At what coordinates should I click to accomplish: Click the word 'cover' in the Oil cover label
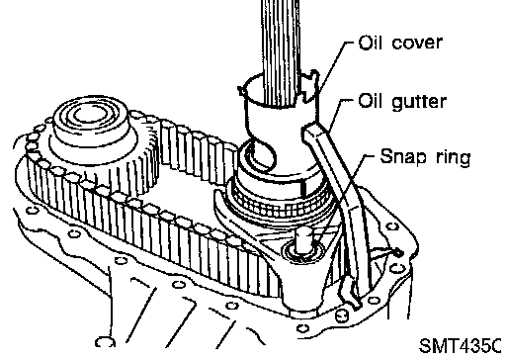[417, 44]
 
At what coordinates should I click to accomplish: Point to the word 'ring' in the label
[454, 158]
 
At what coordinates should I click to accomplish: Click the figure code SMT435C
[461, 345]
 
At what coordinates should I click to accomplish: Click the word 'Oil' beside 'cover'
[370, 43]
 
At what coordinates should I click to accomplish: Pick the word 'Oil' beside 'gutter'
[370, 101]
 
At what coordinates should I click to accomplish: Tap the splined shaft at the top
[281, 49]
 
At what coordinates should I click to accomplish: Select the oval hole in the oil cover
[262, 154]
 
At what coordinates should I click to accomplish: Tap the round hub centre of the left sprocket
[90, 116]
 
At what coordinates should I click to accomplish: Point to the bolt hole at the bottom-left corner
[105, 341]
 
